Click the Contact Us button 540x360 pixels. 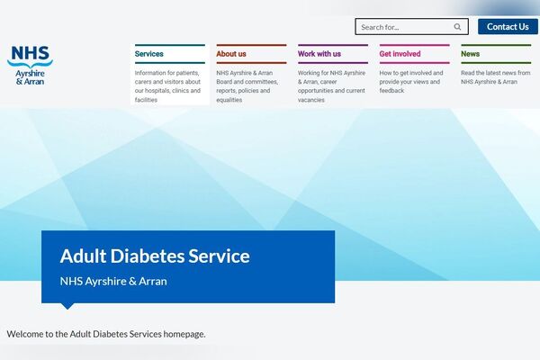coord(508,27)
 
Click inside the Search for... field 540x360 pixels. coord(403,27)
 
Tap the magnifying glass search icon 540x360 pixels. coord(458,27)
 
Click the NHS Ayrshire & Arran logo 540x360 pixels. coord(30,66)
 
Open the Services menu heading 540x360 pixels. coord(149,54)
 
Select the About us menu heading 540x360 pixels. coord(231,54)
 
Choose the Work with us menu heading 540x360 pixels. coord(319,54)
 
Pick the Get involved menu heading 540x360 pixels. coord(400,54)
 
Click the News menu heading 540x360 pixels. coord(470,54)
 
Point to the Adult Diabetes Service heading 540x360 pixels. coord(155,256)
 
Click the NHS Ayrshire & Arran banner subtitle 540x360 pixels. coord(113,281)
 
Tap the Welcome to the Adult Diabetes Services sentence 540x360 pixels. coord(106,334)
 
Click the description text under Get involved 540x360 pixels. coord(412,81)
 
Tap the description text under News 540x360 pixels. coord(495,76)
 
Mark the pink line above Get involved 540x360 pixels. coord(414,45)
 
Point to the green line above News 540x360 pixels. coord(495,45)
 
